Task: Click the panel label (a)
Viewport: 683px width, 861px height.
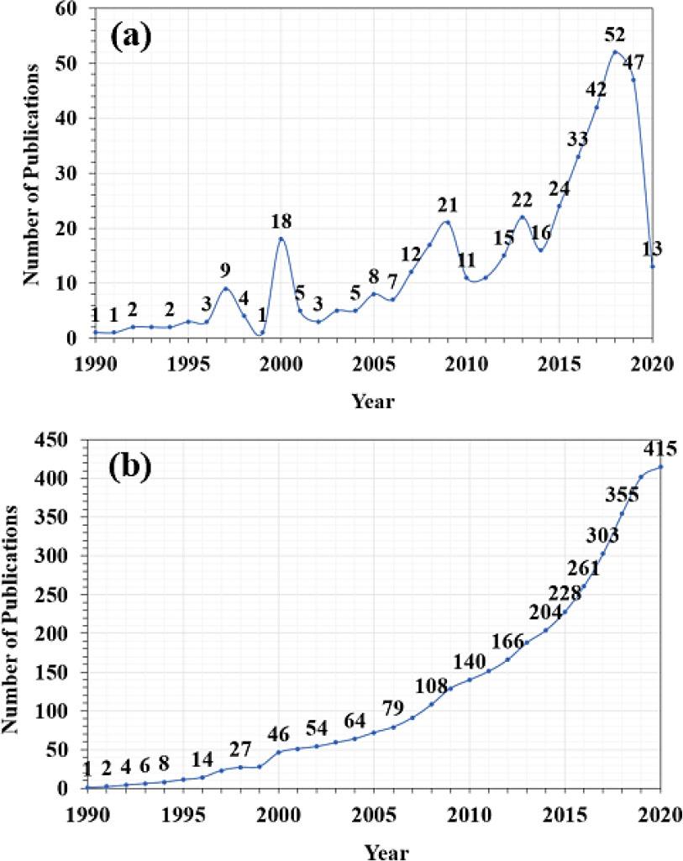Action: (141, 37)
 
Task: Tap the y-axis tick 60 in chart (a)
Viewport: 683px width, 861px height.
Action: (66, 9)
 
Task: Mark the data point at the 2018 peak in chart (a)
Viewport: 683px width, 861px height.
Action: (615, 52)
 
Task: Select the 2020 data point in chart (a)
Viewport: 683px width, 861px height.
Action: (652, 266)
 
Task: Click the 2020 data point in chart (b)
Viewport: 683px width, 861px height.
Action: (661, 467)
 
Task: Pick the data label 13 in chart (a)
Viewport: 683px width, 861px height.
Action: (652, 249)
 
